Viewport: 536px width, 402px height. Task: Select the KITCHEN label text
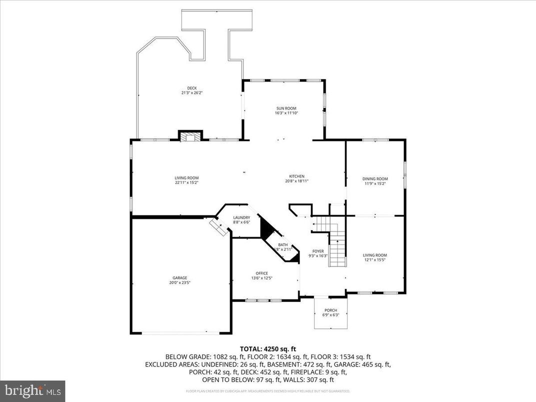tap(296, 176)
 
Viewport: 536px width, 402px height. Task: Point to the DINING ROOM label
tap(375, 179)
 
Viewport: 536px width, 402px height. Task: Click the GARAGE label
tap(180, 278)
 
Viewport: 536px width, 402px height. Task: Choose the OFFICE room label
tap(261, 273)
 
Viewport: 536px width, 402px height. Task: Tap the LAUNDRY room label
tap(241, 217)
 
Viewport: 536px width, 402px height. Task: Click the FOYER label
tap(318, 251)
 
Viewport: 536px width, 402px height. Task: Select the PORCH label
tap(330, 310)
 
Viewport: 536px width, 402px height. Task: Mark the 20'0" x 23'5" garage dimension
tap(180, 283)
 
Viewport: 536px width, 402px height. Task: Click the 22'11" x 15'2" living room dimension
tap(186, 182)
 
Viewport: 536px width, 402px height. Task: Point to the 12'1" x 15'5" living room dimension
tap(375, 260)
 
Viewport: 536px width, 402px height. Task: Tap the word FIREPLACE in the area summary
tap(320, 372)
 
